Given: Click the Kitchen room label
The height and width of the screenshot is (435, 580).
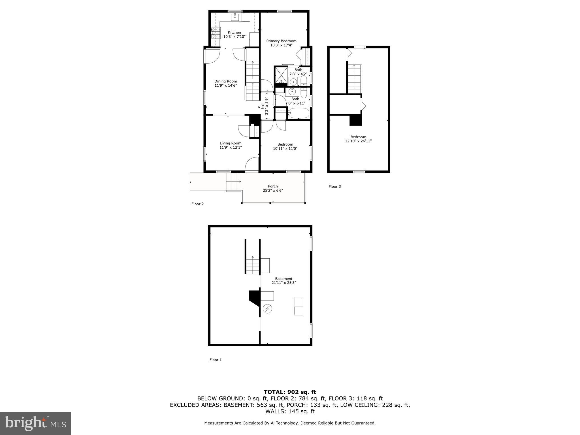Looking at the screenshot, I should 234,32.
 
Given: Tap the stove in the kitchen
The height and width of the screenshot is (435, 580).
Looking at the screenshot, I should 215,33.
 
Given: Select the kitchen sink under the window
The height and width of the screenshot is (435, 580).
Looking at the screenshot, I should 235,17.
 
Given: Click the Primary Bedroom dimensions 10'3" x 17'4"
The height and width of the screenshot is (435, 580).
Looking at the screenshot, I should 281,45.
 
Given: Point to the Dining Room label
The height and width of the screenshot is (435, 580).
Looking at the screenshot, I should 225,81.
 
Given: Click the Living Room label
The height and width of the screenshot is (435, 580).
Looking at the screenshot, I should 231,143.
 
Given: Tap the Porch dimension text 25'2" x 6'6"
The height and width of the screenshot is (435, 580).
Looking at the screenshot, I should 273,191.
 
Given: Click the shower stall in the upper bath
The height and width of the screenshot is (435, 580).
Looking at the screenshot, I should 281,75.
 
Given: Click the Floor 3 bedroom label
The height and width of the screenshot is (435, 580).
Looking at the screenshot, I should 358,137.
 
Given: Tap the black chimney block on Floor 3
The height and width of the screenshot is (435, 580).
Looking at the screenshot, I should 356,120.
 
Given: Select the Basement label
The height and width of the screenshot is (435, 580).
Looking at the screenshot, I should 283,279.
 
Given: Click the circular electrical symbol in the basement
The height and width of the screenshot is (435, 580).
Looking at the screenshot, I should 267,309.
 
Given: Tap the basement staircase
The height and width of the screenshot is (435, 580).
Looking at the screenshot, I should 253,265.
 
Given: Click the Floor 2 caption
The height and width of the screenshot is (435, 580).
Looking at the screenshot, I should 197,204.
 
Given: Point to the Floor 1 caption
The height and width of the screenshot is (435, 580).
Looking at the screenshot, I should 215,360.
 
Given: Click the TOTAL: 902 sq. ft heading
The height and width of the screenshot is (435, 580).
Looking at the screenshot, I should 290,392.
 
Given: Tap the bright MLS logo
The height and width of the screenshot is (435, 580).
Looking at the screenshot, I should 35,423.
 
